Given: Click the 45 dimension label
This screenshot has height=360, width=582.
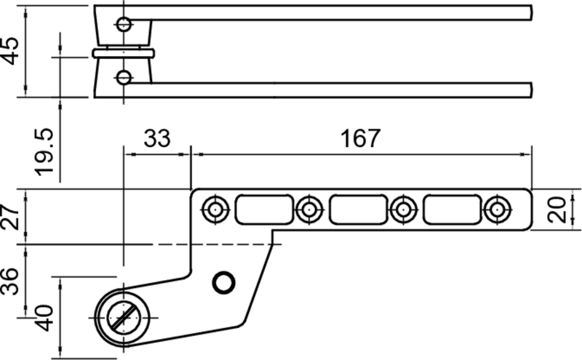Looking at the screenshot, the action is [x=10, y=51].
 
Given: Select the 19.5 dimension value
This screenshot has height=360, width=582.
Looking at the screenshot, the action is [x=44, y=152].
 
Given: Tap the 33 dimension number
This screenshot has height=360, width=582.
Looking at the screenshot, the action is [x=157, y=138].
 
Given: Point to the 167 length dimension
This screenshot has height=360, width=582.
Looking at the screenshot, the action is [x=360, y=138].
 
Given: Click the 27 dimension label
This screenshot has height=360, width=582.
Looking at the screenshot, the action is [x=10, y=217].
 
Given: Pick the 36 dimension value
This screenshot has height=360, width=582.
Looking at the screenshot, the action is [x=10, y=281].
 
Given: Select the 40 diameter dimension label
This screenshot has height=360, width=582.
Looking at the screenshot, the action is [x=44, y=318].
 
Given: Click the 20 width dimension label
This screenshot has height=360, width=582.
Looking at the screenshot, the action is [x=557, y=210].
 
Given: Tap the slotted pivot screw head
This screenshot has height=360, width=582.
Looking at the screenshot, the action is [x=124, y=318].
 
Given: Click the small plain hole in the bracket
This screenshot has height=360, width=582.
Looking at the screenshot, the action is [x=223, y=282].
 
